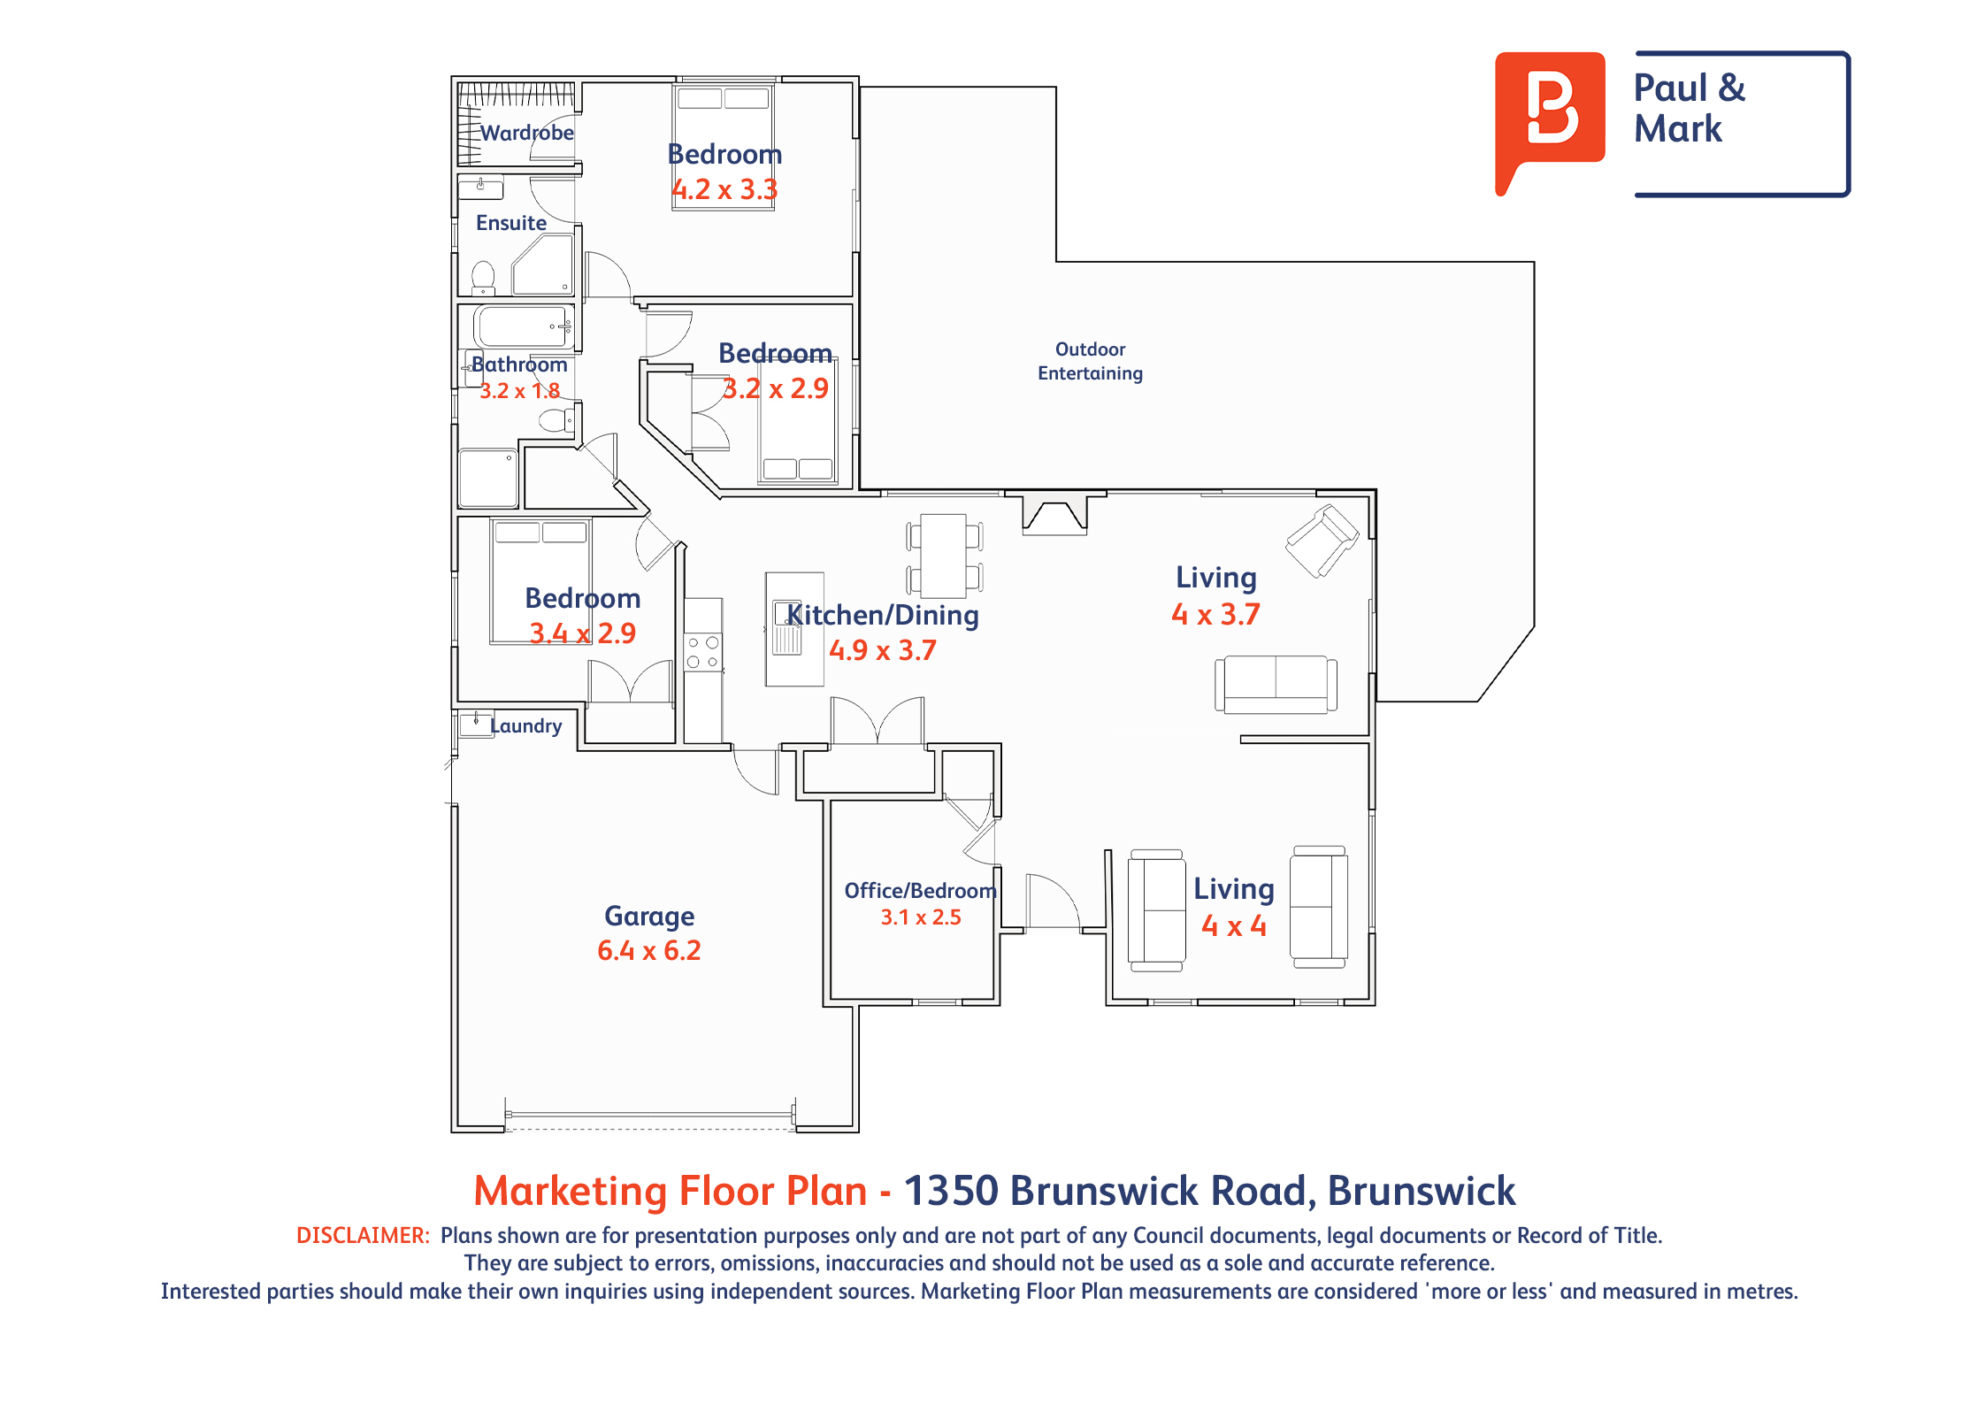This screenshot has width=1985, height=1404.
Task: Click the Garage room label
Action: coord(649,917)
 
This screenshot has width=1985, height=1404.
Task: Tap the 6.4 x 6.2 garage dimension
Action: coord(649,951)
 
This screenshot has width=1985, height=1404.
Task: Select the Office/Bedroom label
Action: coord(921,891)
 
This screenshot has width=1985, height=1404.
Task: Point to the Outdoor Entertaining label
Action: coord(1090,361)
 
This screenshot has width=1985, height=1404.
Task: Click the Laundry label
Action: coord(526,726)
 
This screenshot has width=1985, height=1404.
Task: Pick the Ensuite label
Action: coord(511,223)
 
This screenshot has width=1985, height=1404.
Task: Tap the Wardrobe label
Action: coord(527,133)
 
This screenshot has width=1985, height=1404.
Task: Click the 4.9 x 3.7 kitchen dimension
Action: coord(882,651)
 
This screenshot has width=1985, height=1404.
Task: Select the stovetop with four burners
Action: coord(703,653)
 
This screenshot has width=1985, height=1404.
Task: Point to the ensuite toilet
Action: coord(483,278)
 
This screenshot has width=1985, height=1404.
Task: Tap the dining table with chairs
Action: coord(944,556)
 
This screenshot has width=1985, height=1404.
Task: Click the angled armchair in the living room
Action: coord(1322,541)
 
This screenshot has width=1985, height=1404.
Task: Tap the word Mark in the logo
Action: coord(1678,129)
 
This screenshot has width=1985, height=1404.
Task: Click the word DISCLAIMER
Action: coord(363,1235)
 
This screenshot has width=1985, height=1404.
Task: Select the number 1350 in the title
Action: coord(951,1191)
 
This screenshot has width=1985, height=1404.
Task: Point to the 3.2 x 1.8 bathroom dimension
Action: coord(519,391)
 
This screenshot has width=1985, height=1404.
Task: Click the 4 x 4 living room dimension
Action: coord(1234,926)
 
